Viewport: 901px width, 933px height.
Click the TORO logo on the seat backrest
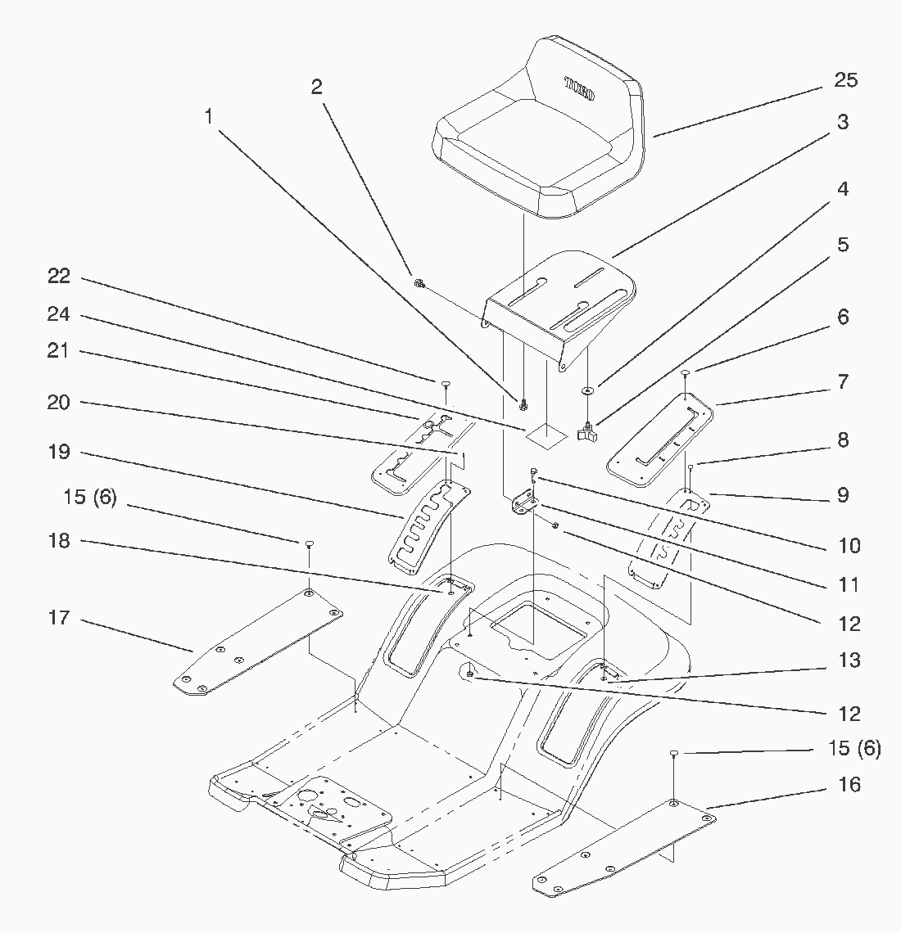click(x=579, y=88)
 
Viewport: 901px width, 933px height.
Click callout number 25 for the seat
click(x=845, y=80)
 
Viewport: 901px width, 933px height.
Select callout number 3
click(x=842, y=122)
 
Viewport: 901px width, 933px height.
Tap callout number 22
click(x=58, y=276)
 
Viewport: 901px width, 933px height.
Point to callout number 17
click(x=58, y=618)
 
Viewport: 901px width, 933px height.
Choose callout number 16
click(x=849, y=785)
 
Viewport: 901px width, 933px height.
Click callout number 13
click(x=849, y=660)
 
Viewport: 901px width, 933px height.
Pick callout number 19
click(x=58, y=452)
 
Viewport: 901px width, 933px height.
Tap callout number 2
click(x=316, y=87)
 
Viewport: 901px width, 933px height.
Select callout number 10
click(x=849, y=546)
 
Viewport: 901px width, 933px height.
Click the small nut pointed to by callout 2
click(x=419, y=283)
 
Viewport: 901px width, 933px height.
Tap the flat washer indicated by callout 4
click(x=588, y=390)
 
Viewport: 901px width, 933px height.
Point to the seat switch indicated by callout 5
click(x=587, y=432)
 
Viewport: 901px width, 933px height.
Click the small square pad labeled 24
click(x=546, y=436)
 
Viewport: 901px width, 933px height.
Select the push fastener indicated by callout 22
click(x=446, y=385)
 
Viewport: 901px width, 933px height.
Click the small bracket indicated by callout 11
click(x=523, y=500)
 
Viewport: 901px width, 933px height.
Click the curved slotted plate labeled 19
click(x=428, y=526)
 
